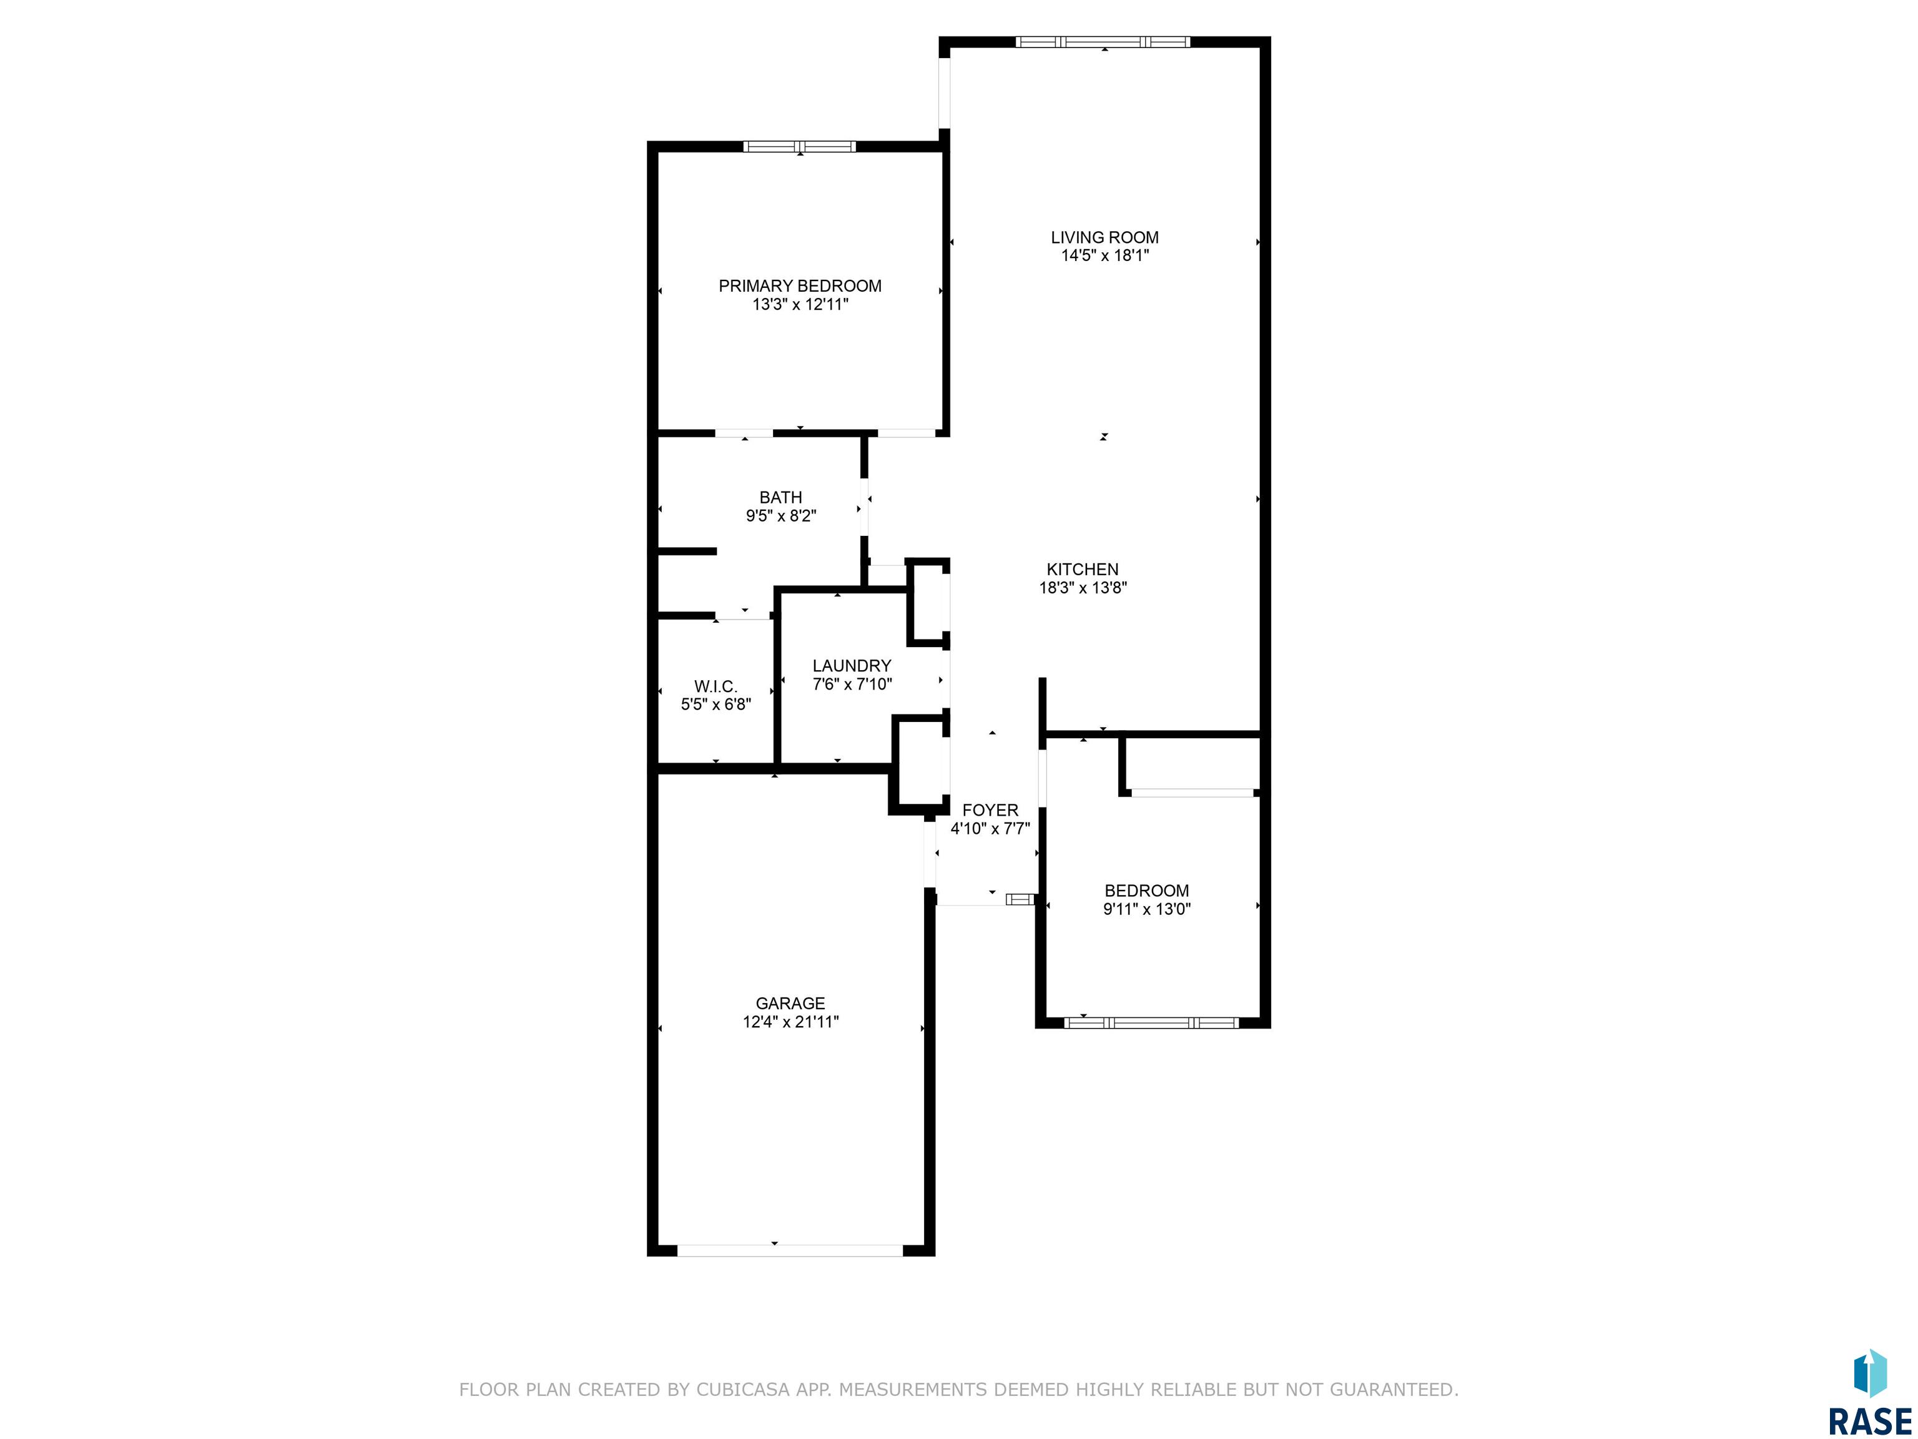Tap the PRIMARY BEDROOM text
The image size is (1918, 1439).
tap(799, 286)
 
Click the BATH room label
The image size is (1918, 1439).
tap(780, 498)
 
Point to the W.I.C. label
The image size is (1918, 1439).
tap(716, 687)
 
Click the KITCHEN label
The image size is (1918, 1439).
tap(1082, 570)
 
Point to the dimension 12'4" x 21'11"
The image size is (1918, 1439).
tap(790, 1022)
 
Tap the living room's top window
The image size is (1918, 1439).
tap(1103, 42)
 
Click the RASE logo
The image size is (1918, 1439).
tap(1869, 1395)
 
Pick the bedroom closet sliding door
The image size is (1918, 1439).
tap(1193, 793)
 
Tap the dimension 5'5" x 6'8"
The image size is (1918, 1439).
tap(716, 705)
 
